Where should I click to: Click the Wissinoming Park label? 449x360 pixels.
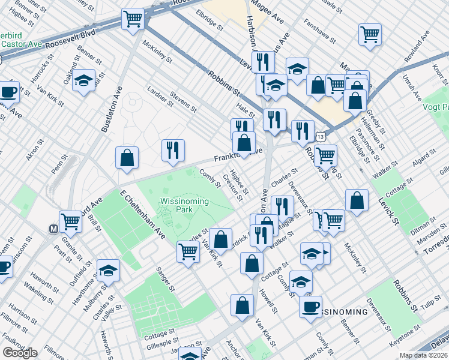tap(184, 206)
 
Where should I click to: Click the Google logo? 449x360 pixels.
tap(20, 353)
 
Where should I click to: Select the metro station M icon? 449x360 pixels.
tap(53, 229)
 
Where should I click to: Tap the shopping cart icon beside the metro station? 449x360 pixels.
tap(71, 222)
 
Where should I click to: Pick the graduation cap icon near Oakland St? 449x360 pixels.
tap(84, 80)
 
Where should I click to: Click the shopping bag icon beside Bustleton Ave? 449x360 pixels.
tap(127, 158)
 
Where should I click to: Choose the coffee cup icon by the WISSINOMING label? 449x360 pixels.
tap(310, 307)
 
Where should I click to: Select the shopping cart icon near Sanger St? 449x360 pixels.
tap(188, 252)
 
